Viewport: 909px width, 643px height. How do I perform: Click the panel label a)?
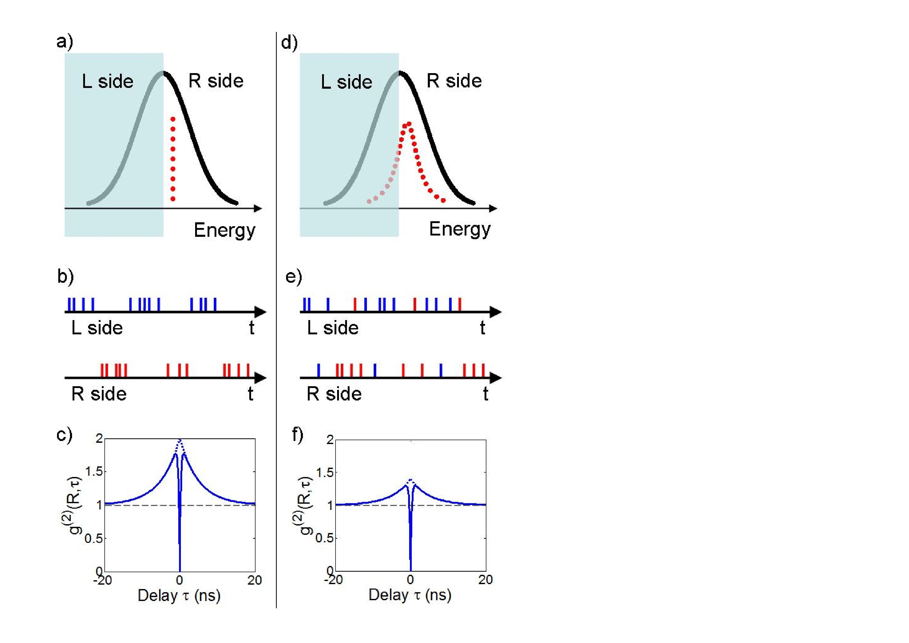click(65, 41)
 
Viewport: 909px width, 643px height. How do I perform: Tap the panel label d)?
click(289, 42)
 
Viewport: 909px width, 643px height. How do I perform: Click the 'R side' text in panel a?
click(216, 81)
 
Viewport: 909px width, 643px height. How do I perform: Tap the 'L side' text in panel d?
click(346, 82)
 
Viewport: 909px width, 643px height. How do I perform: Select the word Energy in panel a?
click(224, 230)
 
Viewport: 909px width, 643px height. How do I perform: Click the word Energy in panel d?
click(460, 229)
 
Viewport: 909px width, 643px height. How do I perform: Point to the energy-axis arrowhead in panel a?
click(258, 208)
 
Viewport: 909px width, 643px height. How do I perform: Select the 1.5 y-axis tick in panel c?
click(94, 472)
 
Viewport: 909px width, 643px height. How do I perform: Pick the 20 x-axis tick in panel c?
click(254, 580)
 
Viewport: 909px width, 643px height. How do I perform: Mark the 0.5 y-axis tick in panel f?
click(325, 538)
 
